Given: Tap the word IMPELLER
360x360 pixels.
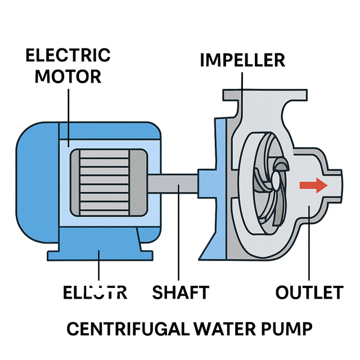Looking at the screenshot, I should click(242, 60).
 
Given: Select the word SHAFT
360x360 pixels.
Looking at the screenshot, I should click(181, 292).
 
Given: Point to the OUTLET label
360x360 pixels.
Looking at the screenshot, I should click(309, 292).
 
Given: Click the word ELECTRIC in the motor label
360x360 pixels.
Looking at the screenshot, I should click(68, 56).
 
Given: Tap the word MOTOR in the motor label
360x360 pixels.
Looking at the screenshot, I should click(68, 76).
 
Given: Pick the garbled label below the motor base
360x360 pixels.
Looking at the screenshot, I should click(94, 292).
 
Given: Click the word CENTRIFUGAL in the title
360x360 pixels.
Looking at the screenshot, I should click(131, 328).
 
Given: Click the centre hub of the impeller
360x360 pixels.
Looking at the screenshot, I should click(276, 181).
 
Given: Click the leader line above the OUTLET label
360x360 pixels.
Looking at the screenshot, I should click(309, 247).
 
